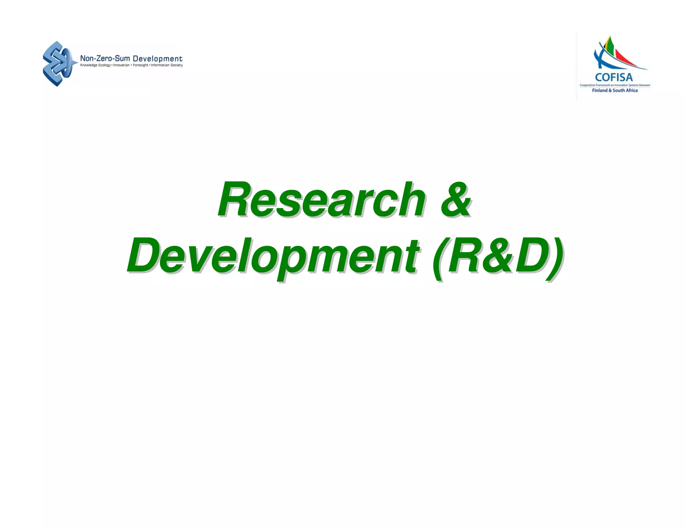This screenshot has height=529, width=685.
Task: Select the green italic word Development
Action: [x=273, y=256]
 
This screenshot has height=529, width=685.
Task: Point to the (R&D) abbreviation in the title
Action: [x=497, y=256]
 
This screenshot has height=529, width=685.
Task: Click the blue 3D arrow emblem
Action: [x=58, y=64]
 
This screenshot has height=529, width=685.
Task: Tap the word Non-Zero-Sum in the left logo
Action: [x=105, y=59]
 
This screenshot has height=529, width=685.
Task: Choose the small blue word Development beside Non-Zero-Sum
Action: [x=158, y=59]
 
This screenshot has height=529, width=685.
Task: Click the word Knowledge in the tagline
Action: [x=89, y=65]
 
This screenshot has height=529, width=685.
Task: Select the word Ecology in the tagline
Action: [x=104, y=65]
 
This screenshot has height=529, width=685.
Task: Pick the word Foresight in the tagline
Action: [x=140, y=65]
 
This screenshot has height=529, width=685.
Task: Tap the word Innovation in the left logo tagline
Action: [x=121, y=65]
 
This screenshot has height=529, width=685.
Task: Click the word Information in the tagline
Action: [x=160, y=65]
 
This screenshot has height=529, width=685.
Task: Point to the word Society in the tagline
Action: [x=177, y=65]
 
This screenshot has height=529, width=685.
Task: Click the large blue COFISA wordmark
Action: [x=614, y=77]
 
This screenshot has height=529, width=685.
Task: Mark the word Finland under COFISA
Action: [x=599, y=90]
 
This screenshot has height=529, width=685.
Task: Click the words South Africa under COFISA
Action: [x=625, y=90]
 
